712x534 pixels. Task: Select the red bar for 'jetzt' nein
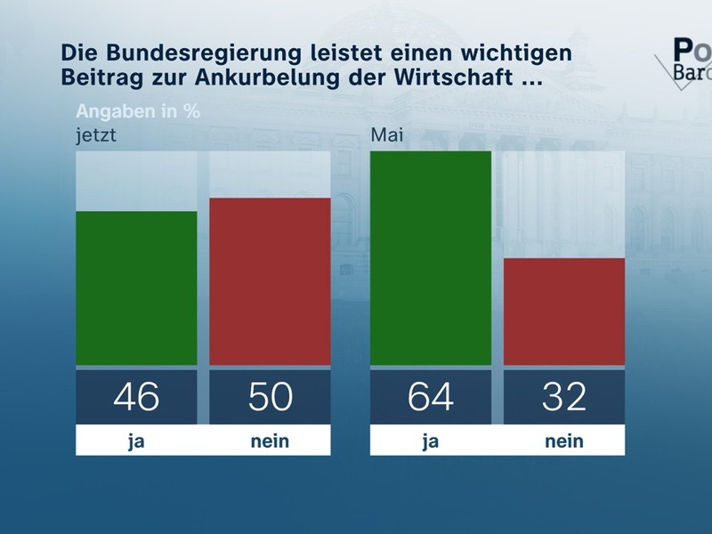tap(270, 281)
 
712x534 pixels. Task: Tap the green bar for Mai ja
tap(431, 258)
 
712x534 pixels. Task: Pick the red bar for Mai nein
tap(564, 311)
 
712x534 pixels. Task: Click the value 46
tap(136, 396)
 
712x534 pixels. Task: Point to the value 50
tap(270, 396)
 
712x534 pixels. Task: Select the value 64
tap(431, 396)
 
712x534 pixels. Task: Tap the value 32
tap(564, 396)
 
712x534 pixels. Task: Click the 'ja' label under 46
tap(136, 441)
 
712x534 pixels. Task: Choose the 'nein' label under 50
tap(270, 441)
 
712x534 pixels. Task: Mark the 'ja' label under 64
tap(431, 441)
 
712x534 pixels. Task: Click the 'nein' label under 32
tap(564, 441)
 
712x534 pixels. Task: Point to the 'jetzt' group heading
tap(95, 136)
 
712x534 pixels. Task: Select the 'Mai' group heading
tap(385, 136)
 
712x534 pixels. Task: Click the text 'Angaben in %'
tap(138, 112)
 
